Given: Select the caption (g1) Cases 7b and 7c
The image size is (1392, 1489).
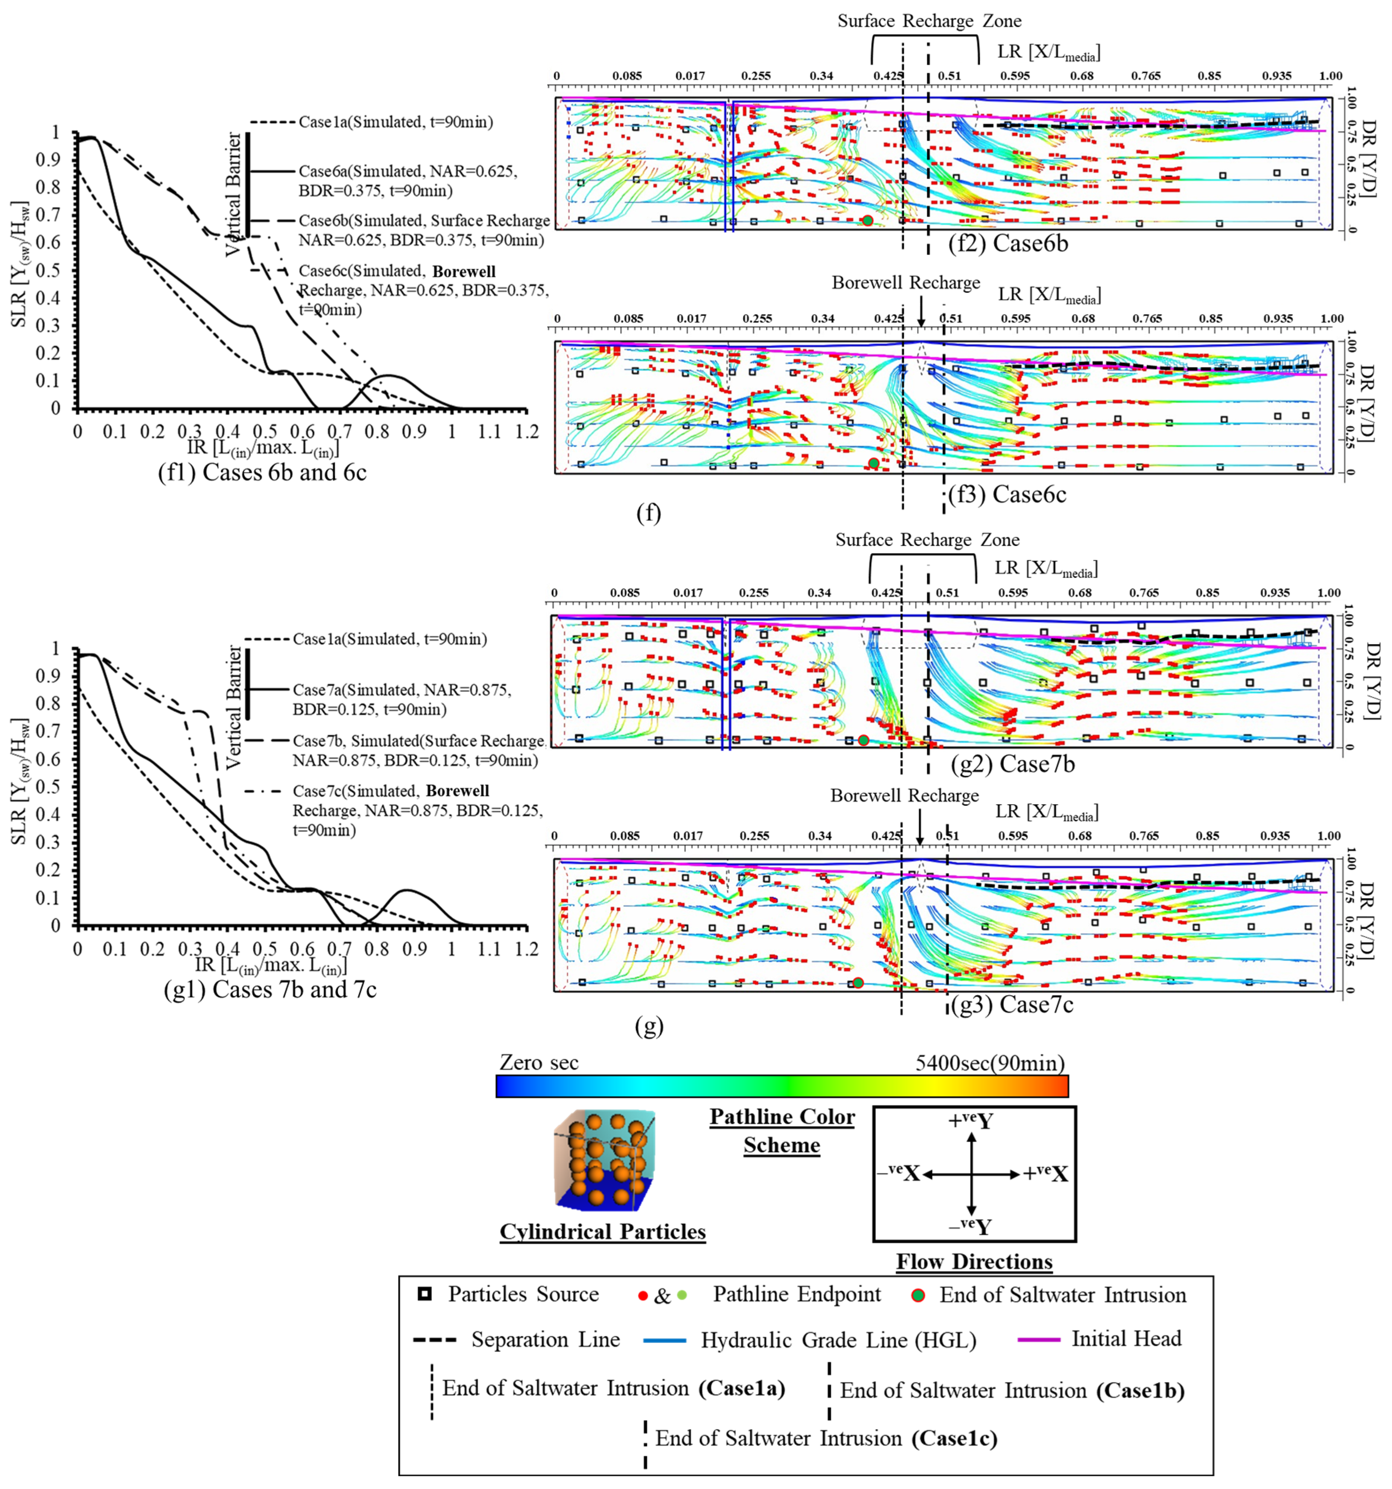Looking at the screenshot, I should pyautogui.click(x=270, y=990).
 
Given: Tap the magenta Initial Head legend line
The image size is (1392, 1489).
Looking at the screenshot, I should pyautogui.click(x=1038, y=1338).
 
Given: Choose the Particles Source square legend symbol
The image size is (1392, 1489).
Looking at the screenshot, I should pyautogui.click(x=424, y=1294).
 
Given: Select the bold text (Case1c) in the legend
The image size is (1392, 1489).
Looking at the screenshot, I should pyautogui.click(x=954, y=1439).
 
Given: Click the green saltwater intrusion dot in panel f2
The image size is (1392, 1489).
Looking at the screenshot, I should pyautogui.click(x=867, y=220).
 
